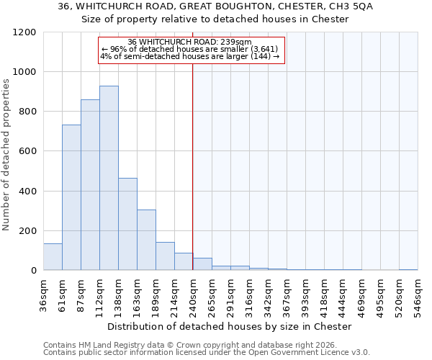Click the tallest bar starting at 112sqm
click(109, 178)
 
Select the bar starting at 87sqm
click(90, 185)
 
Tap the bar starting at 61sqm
click(71, 197)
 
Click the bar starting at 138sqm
click(127, 224)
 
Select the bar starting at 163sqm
click(146, 240)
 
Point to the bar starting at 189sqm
click(165, 256)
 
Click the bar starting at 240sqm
click(202, 264)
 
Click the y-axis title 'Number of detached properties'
click(7, 151)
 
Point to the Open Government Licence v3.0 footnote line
click(207, 353)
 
